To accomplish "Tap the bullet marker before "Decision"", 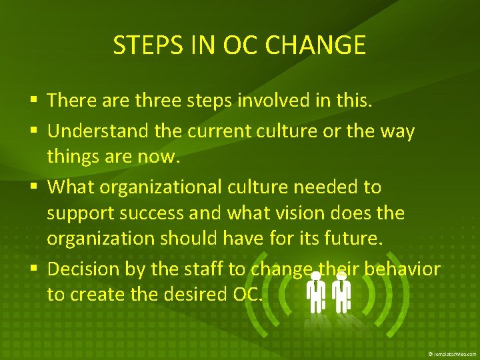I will pyautogui.click(x=35, y=269).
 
